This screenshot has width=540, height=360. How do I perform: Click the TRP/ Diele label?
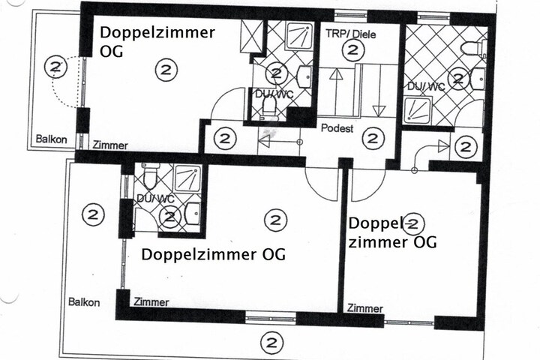pyautogui.click(x=350, y=34)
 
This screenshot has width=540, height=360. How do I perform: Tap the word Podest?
pyautogui.click(x=337, y=128)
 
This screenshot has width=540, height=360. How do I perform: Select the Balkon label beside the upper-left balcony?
pyautogui.click(x=51, y=139)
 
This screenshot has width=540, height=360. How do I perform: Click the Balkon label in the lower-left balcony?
pyautogui.click(x=84, y=302)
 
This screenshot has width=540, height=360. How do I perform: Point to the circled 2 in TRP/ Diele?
pyautogui.click(x=352, y=50)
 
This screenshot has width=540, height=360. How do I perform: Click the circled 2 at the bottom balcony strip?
pyautogui.click(x=272, y=343)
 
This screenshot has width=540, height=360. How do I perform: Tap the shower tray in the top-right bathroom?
pyautogui.click(x=417, y=110)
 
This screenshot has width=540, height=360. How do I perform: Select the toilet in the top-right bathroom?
pyautogui.click(x=474, y=48)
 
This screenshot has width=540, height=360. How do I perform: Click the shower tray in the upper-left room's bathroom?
pyautogui.click(x=300, y=35)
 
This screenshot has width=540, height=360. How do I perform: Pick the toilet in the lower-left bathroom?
pyautogui.click(x=150, y=175)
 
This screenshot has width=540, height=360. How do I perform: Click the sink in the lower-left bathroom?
pyautogui.click(x=193, y=214)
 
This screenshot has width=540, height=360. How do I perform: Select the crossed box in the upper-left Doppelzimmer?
pyautogui.click(x=251, y=37)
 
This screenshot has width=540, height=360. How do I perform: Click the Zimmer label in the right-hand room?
pyautogui.click(x=365, y=308)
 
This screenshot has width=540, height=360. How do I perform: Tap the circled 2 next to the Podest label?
pyautogui.click(x=373, y=138)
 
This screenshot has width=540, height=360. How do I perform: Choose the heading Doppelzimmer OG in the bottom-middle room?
pyautogui.click(x=214, y=254)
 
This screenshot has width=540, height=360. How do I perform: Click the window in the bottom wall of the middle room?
pyautogui.click(x=271, y=318)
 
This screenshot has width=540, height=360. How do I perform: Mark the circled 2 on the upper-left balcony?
pyautogui.click(x=55, y=67)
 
